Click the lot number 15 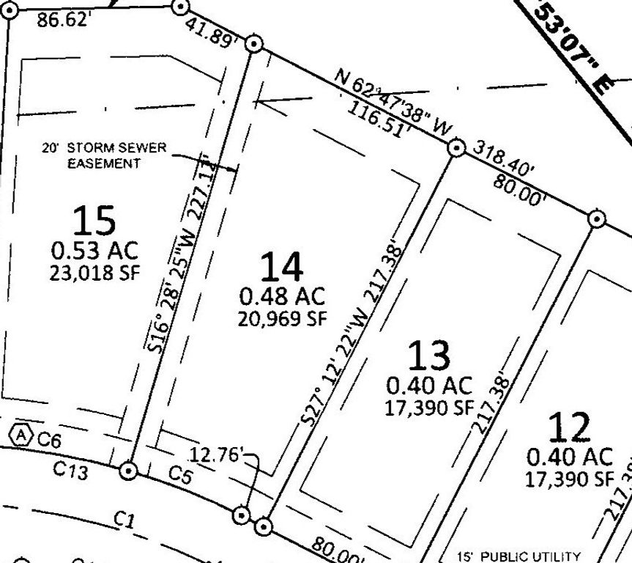pos(94,220)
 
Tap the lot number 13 pos(428,356)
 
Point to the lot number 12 pos(570,427)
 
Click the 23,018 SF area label pos(94,273)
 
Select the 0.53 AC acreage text pos(94,250)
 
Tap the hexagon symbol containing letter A pos(23,435)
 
